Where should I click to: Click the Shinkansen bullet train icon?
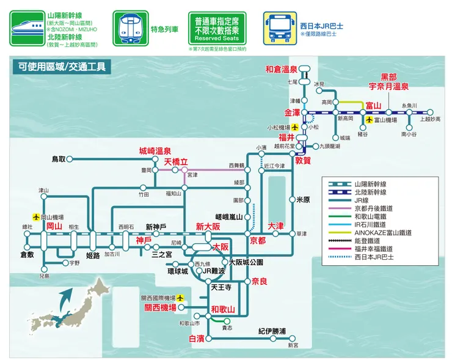pyautogui.click(x=24, y=28)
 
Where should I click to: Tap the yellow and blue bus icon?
pyautogui.click(x=280, y=28)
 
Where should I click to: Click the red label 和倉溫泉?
pyautogui.click(x=281, y=68)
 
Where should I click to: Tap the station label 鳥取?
pyautogui.click(x=59, y=159)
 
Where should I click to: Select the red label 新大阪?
pyautogui.click(x=207, y=226)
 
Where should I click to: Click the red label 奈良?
pyautogui.click(x=260, y=281)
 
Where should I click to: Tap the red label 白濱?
pyautogui.click(x=196, y=338)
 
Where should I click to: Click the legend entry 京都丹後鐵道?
pyautogui.click(x=374, y=208)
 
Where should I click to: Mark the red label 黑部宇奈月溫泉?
pyautogui.click(x=388, y=82)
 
